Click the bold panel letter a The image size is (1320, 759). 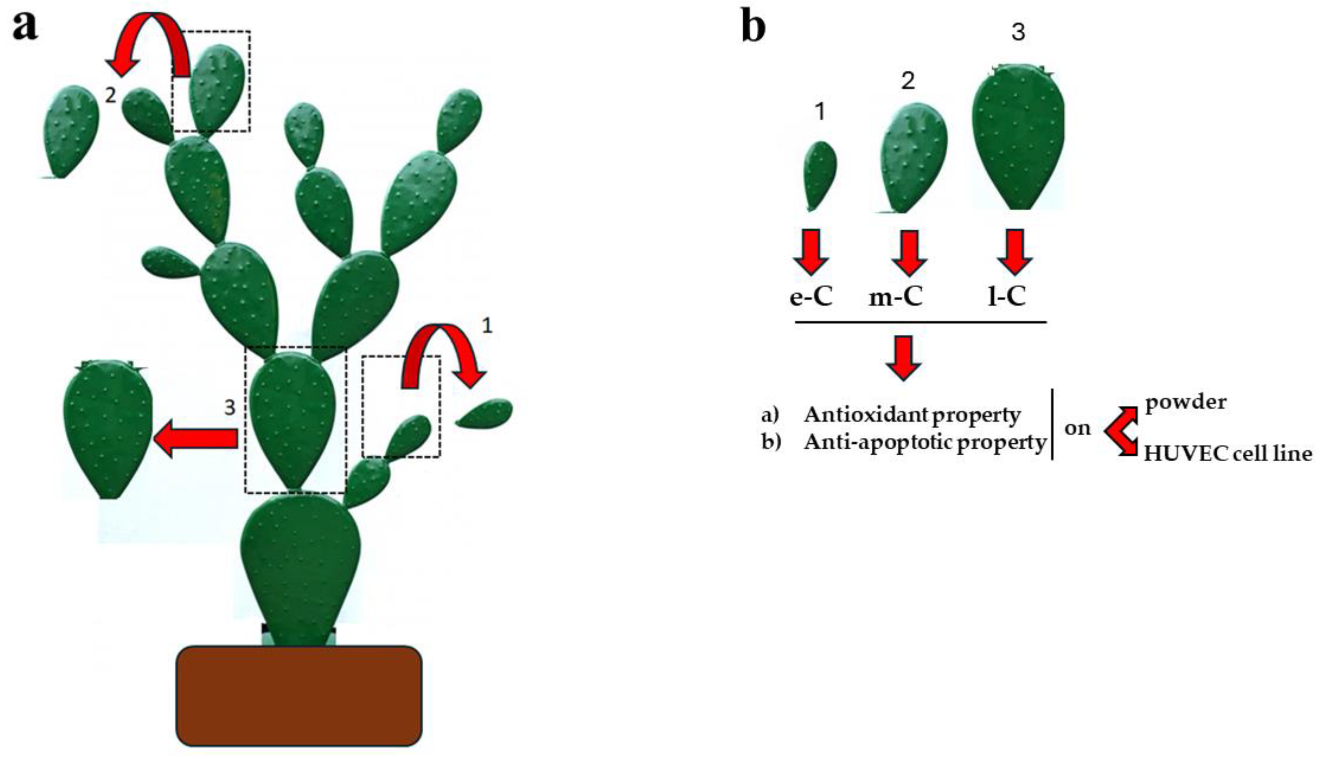[25, 27]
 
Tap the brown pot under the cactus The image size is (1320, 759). [299, 696]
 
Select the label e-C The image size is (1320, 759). [811, 297]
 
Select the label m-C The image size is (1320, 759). [896, 297]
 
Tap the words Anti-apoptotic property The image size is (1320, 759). [925, 442]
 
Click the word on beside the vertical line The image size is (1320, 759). [1077, 428]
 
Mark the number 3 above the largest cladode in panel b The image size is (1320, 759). [1018, 32]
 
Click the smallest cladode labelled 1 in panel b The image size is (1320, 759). [820, 175]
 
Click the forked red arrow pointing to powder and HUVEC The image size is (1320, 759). [1121, 431]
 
